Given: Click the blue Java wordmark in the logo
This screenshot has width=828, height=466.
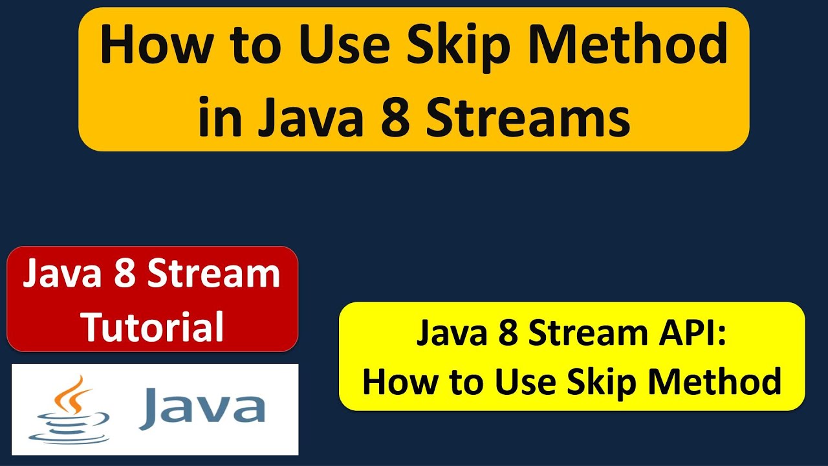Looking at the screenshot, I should tap(202, 408).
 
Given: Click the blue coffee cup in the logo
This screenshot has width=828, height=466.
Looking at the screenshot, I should tap(69, 427).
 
